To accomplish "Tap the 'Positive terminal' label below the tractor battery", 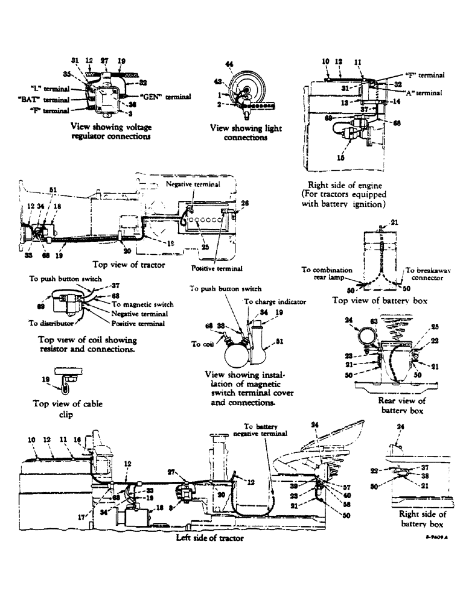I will [216, 268].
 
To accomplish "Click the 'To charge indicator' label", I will [275, 301].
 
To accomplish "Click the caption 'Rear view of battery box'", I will [401, 405].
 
